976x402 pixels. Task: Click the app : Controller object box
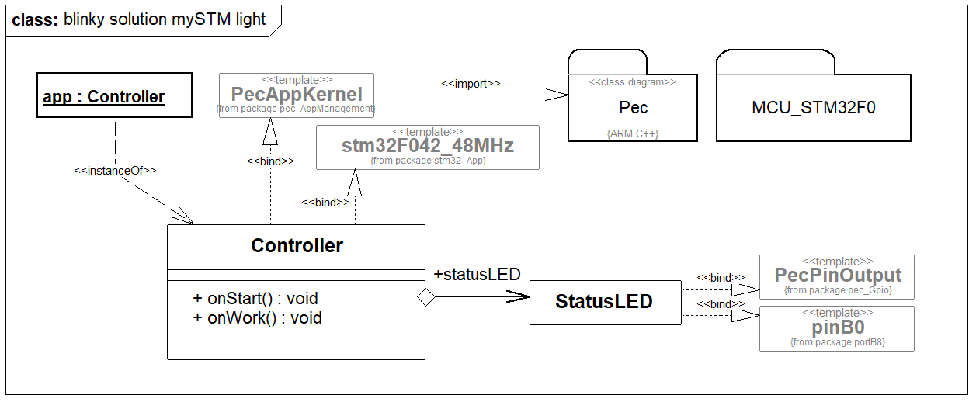coord(114,95)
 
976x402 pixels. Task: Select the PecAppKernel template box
coord(297,95)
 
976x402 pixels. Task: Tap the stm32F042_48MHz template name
coord(428,146)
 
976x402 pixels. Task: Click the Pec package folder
coord(633,107)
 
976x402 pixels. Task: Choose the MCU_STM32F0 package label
coord(813,108)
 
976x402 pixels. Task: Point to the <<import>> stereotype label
coord(471,83)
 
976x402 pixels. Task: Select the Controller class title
coord(297,246)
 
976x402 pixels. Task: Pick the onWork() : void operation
coord(256,317)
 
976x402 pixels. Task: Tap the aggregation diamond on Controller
coord(425,296)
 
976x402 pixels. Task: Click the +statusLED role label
coord(476,274)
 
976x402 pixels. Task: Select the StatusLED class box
coord(604,302)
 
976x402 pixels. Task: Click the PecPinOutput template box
coord(837,276)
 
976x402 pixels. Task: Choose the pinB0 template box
coord(837,327)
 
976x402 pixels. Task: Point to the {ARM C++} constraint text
coord(633,133)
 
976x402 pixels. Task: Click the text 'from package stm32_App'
coord(428,161)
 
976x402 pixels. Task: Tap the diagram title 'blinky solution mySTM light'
coord(165,20)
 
